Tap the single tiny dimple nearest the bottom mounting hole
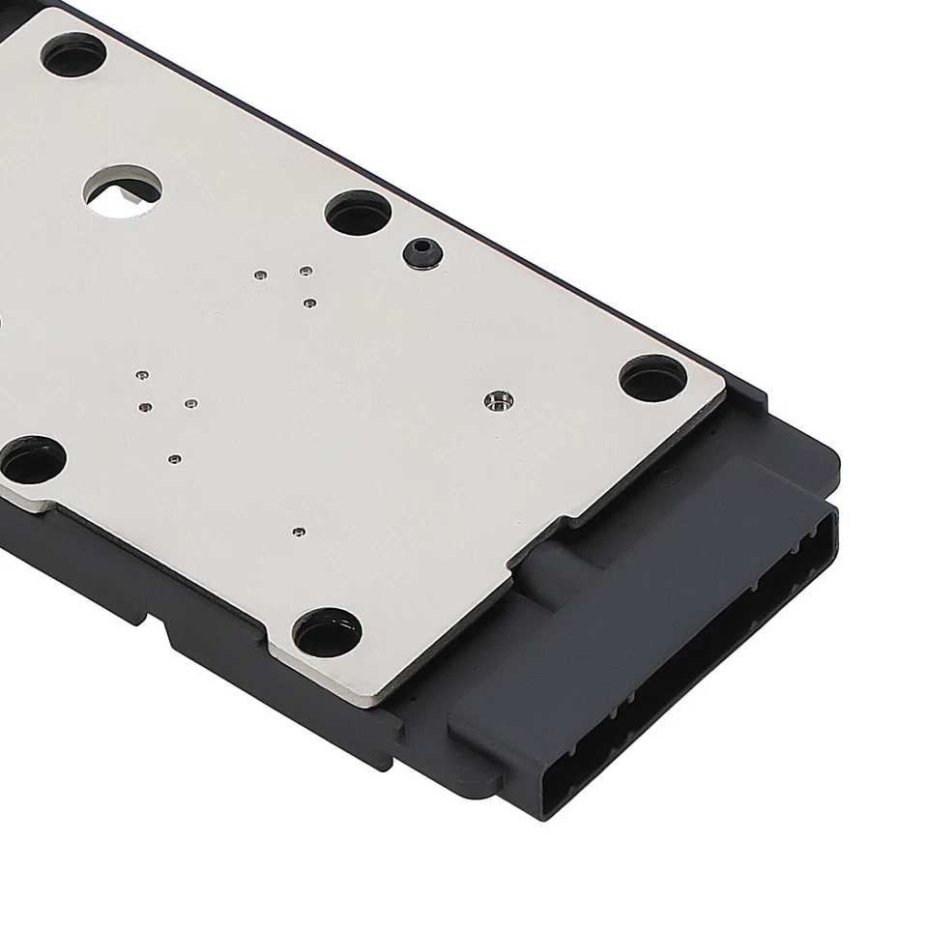pos(298,531)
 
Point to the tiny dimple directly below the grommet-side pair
pos(308,304)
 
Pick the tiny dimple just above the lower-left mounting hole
pos(174,458)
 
